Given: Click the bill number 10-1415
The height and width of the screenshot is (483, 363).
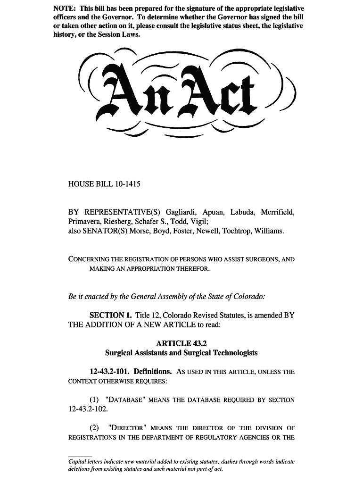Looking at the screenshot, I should (x=124, y=184).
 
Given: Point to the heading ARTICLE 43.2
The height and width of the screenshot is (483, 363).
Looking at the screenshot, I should (x=181, y=343).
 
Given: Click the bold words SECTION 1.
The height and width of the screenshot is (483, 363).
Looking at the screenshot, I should (x=110, y=315).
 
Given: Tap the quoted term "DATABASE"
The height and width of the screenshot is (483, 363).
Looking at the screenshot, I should (x=125, y=400).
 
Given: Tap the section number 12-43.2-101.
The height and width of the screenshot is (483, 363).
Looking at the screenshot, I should (x=109, y=372).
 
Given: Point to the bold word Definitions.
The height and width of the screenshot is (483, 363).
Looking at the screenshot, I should (x=152, y=372).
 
